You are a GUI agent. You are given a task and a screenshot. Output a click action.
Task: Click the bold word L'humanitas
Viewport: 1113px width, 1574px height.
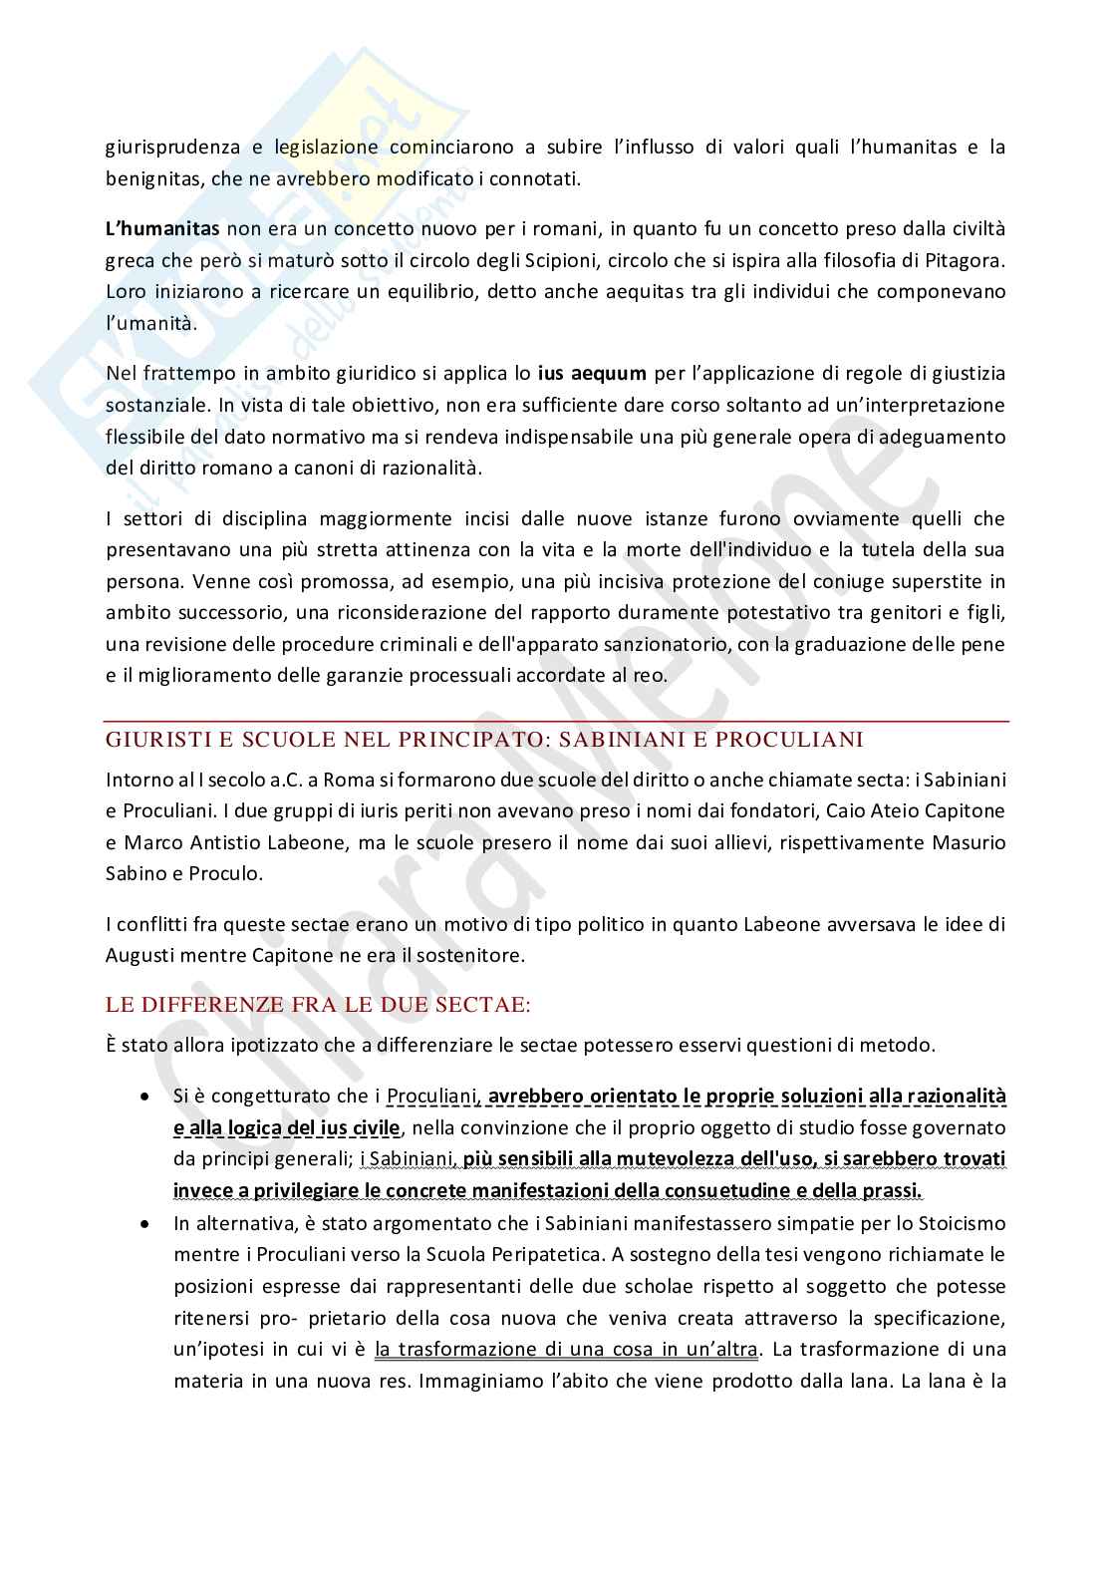coord(162,229)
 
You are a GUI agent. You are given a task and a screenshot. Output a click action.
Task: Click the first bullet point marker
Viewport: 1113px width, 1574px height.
coord(145,1097)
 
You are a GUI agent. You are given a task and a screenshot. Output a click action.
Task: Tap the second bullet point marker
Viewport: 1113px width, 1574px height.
coord(145,1223)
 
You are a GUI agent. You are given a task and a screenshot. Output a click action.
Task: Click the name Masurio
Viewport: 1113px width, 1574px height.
coord(961,842)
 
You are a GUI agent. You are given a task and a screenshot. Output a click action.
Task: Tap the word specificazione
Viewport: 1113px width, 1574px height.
coord(937,1318)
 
